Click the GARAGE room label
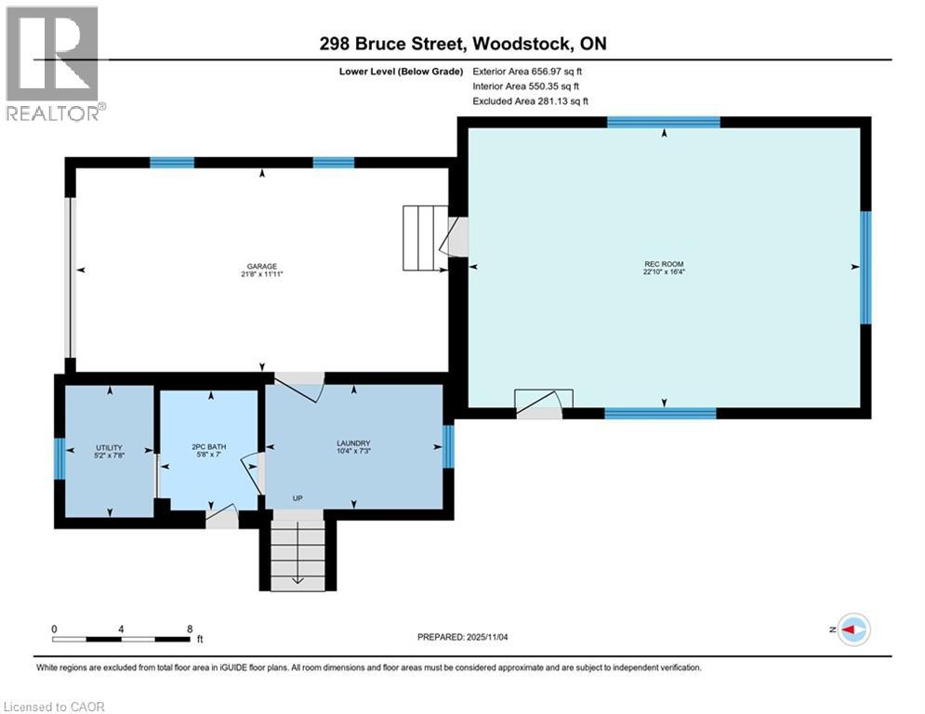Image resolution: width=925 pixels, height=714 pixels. (262, 266)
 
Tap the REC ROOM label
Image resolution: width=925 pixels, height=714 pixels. (664, 264)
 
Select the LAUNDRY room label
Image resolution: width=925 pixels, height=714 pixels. (353, 443)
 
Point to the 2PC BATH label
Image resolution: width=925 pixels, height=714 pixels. (209, 446)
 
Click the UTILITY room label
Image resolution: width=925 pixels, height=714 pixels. (109, 447)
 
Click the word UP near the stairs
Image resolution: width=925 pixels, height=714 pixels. (297, 498)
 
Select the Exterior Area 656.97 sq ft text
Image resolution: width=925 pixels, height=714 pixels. (527, 72)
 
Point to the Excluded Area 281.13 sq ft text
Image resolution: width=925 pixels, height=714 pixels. (530, 101)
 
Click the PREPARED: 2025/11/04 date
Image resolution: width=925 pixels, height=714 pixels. (463, 637)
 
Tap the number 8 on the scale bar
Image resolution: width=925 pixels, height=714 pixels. (190, 629)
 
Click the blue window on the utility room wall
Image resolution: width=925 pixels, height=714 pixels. (59, 458)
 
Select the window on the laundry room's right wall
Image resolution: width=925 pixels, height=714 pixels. (448, 446)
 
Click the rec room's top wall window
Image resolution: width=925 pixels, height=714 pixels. (664, 122)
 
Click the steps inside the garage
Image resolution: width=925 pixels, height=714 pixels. (425, 238)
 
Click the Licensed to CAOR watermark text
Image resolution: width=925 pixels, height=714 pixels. (54, 707)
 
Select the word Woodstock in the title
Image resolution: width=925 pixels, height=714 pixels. (522, 44)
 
